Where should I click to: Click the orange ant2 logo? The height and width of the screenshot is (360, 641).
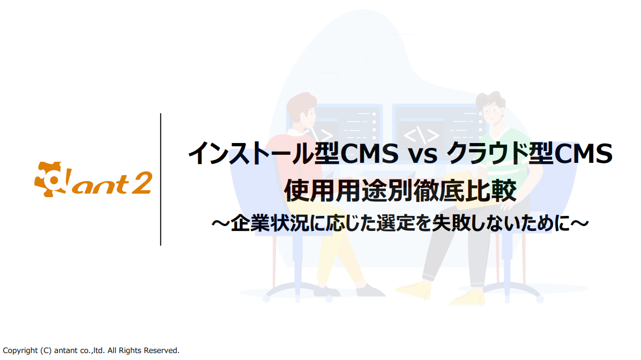click(93, 179)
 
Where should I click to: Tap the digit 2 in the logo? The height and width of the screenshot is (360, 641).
click(141, 182)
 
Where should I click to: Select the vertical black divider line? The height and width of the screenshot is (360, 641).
click(161, 179)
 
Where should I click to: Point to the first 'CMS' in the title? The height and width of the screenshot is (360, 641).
click(369, 154)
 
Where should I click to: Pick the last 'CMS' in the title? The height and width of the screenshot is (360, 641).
click(583, 154)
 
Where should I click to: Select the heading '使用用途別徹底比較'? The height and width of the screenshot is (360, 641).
click(400, 190)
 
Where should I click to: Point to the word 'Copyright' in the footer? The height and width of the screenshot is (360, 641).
click(20, 350)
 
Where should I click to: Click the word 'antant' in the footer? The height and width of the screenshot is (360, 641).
click(66, 350)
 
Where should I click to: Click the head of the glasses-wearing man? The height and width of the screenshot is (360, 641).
click(491, 108)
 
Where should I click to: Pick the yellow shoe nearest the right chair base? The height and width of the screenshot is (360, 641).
click(467, 297)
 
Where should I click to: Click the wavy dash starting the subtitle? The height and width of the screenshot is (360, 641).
click(221, 223)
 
